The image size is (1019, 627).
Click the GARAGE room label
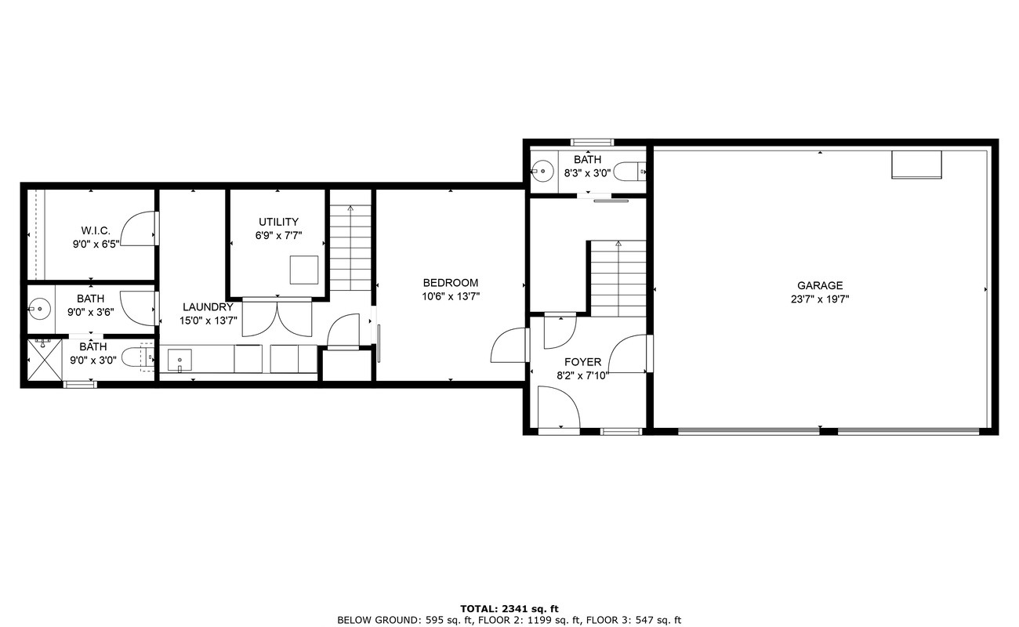(x=820, y=285)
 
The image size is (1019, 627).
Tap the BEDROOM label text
(x=451, y=283)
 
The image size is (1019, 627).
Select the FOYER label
(x=582, y=362)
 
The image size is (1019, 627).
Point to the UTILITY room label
(x=278, y=222)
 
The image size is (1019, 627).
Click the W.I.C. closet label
(x=96, y=230)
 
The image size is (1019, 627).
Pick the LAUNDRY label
(x=208, y=306)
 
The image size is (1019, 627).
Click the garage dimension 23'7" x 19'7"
(x=820, y=299)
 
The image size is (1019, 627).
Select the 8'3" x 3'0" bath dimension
(x=587, y=173)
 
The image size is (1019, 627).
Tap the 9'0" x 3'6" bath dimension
(x=90, y=312)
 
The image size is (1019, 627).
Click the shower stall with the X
(x=45, y=360)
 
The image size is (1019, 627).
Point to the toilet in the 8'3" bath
(x=629, y=172)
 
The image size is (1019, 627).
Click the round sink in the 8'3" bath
(x=542, y=172)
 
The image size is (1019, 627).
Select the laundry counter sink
(x=180, y=361)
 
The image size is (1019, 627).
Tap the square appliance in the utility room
(x=304, y=270)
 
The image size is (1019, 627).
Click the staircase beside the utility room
(x=350, y=248)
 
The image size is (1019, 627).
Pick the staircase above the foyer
(x=618, y=278)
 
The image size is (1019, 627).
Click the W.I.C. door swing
(x=139, y=229)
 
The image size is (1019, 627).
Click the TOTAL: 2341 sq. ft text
(x=509, y=609)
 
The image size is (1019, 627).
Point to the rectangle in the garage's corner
(x=916, y=165)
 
